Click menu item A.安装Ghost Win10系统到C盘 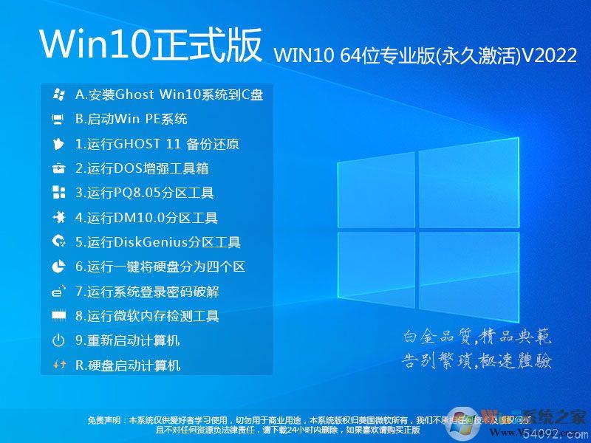[169, 95]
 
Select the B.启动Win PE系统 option [131, 119]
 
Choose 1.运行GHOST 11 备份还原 [157, 144]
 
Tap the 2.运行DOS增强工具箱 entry [142, 168]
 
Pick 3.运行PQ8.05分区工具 [145, 193]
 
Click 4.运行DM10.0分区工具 [146, 218]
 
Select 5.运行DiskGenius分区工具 [158, 242]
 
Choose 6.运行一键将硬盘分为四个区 [160, 267]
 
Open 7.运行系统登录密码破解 [147, 292]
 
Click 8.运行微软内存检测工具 [147, 316]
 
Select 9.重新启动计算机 [128, 341]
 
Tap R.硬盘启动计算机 [128, 365]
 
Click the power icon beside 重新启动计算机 [58, 341]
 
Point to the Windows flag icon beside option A [58, 95]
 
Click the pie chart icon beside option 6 [58, 267]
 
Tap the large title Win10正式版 [151, 46]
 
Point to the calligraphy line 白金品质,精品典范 [477, 337]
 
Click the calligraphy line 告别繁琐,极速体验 [477, 361]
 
